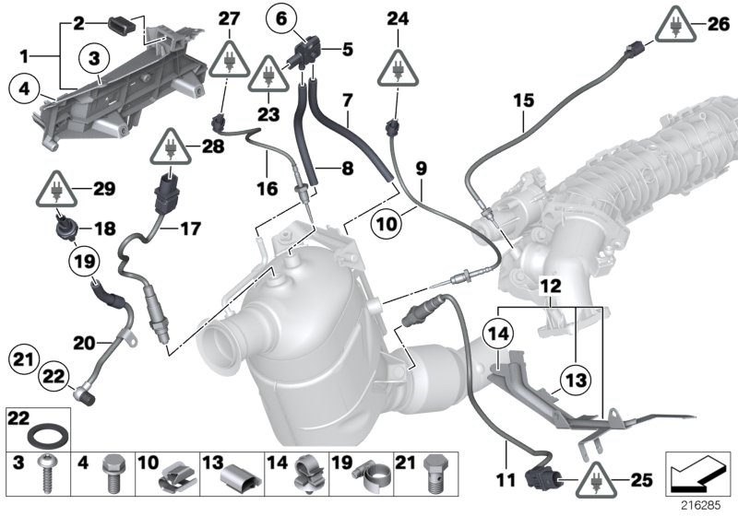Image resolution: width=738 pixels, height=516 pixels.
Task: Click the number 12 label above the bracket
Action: [550, 287]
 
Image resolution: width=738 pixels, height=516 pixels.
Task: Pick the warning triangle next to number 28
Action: [172, 147]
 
